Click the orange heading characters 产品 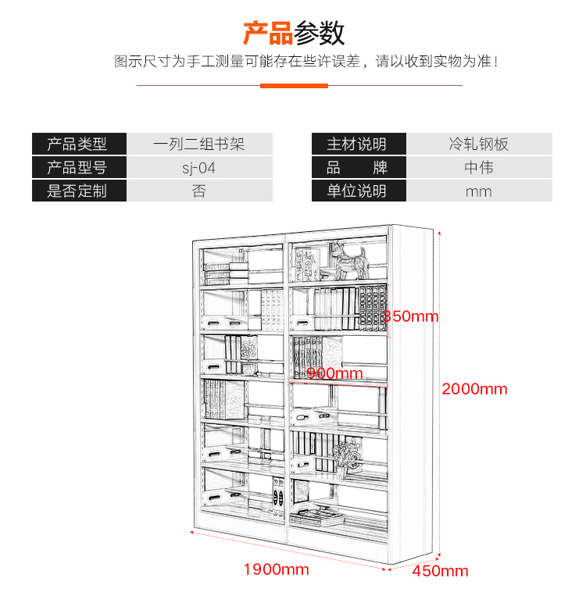click(268, 33)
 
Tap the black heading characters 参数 click(319, 33)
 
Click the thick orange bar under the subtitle click(294, 86)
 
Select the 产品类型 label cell click(79, 144)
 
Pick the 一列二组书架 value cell click(200, 144)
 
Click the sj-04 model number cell click(200, 167)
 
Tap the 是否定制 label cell click(79, 191)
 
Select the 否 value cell click(200, 191)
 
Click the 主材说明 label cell click(359, 144)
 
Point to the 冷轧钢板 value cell click(479, 144)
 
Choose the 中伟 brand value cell click(479, 167)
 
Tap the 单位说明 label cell click(359, 191)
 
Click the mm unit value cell click(479, 191)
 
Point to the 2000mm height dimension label click(474, 389)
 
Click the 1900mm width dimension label click(277, 569)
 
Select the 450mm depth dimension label click(440, 571)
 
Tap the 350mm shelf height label click(410, 316)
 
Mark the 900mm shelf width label click(334, 373)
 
